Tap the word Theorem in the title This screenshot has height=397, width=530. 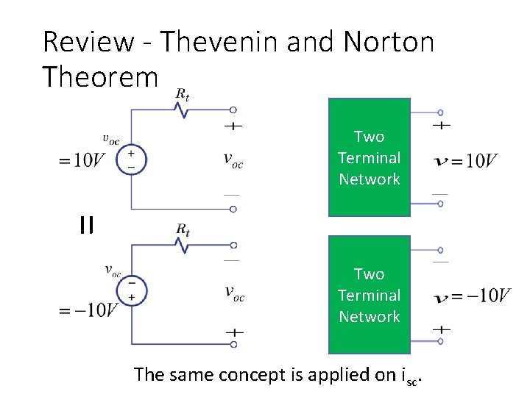point(100,76)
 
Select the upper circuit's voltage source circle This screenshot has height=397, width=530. point(132,160)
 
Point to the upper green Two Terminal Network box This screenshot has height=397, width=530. point(369,157)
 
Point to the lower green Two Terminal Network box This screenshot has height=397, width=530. point(369,295)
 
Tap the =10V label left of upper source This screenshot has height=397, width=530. point(82,160)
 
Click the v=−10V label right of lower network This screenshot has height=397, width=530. point(472,296)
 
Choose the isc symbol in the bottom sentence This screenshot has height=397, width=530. point(414,376)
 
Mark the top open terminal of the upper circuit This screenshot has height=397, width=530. point(233,111)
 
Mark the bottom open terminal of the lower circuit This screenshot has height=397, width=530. point(233,343)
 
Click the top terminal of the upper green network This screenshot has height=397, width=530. point(440,112)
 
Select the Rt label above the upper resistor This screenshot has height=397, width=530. point(182,95)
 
